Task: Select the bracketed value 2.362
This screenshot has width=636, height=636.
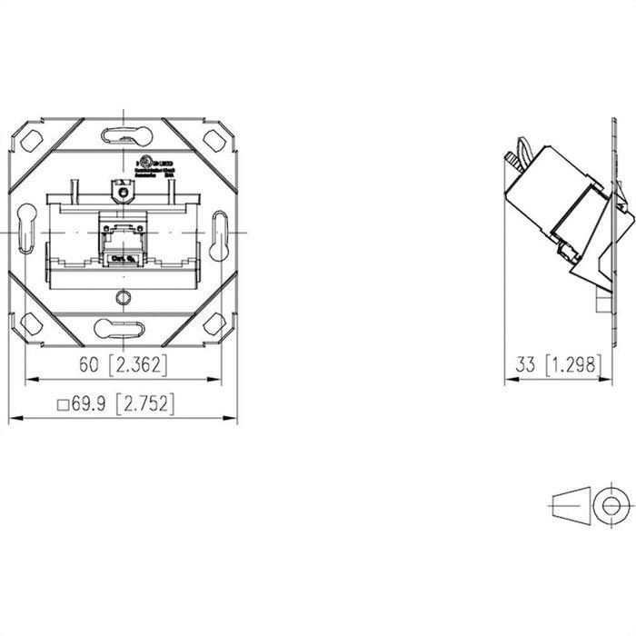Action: pos(137,364)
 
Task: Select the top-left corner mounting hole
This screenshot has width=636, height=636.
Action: pos(30,141)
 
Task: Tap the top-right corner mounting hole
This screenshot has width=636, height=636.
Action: pos(214,140)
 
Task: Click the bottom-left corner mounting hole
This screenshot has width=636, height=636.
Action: pos(30,323)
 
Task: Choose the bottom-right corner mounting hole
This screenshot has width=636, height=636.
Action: pos(214,323)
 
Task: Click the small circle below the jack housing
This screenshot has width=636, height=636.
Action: pos(123,297)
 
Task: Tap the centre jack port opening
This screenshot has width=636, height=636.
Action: pos(119,243)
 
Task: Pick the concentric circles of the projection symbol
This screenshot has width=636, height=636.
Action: pos(611,502)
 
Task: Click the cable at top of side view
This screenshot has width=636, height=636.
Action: pos(521,154)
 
